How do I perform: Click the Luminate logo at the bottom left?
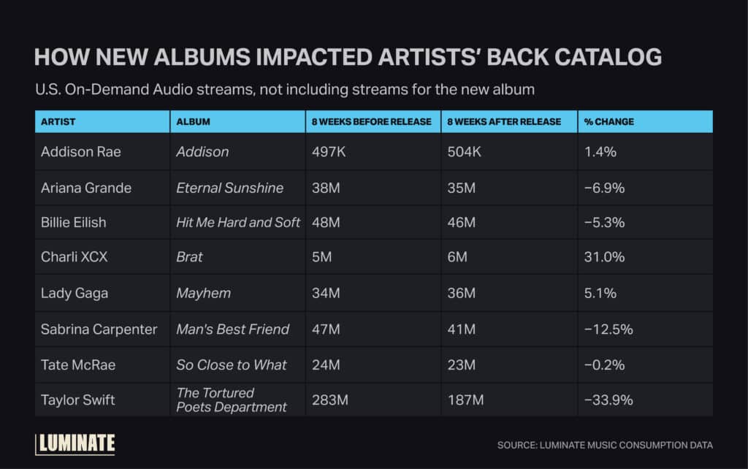(x=75, y=443)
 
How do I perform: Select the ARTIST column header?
(x=58, y=121)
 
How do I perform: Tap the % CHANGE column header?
(x=608, y=121)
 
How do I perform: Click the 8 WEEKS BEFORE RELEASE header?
(x=371, y=121)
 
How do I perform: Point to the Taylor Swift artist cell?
(x=78, y=400)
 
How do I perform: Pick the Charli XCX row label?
(x=75, y=257)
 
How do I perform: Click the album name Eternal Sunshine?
(x=229, y=188)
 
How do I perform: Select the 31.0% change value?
(x=600, y=257)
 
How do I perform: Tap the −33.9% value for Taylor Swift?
(x=608, y=400)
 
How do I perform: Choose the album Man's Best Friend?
(x=232, y=329)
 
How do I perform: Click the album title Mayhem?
(x=203, y=293)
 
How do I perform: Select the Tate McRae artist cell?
(x=77, y=365)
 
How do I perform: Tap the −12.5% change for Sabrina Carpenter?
(x=608, y=329)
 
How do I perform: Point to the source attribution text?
(x=605, y=445)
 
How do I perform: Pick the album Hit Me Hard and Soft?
(x=238, y=223)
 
